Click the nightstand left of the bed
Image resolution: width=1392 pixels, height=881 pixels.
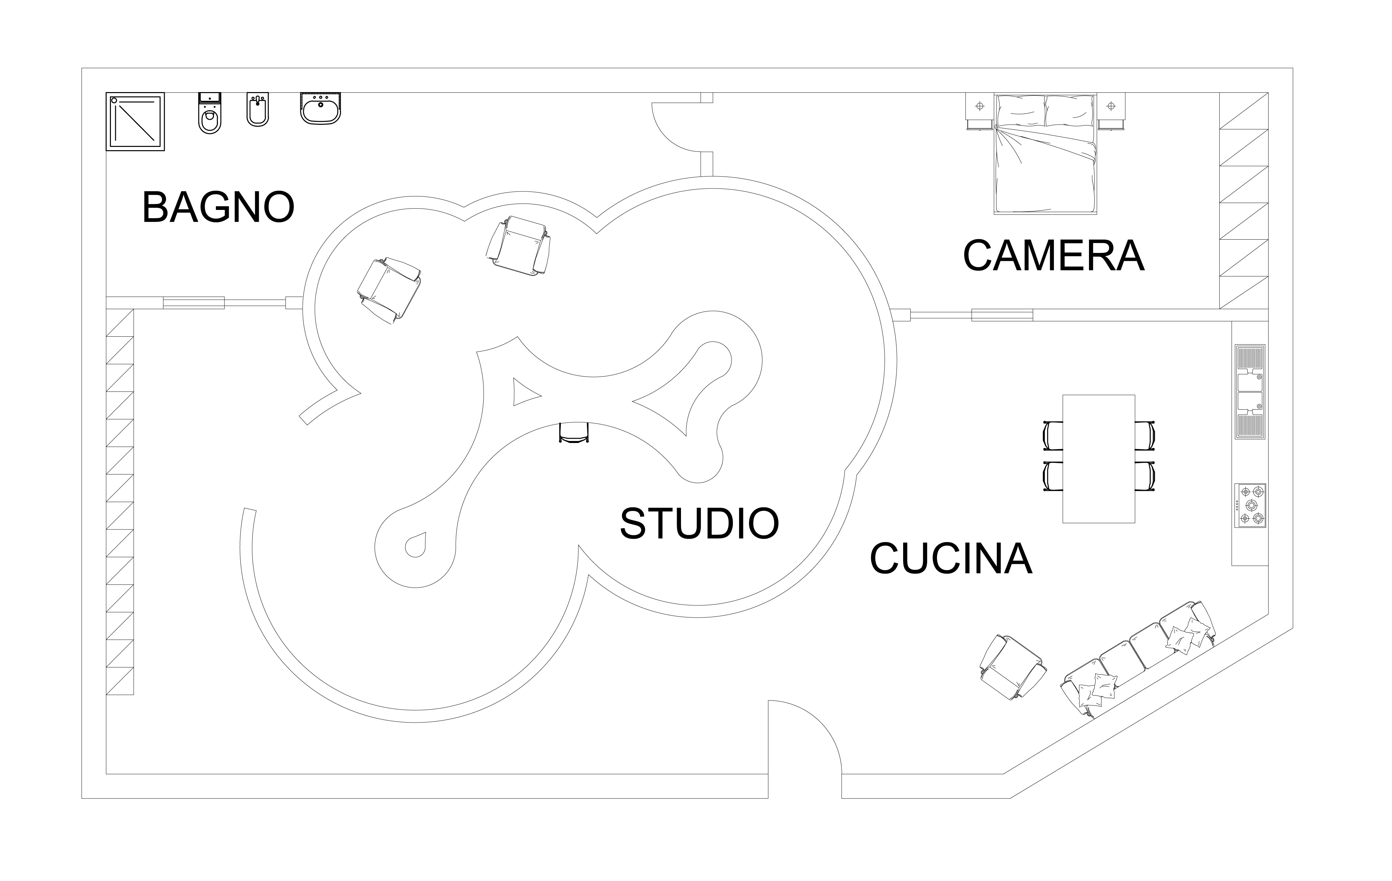979,111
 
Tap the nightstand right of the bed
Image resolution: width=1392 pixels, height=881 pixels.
1110,111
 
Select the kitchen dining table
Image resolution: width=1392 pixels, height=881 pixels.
1098,458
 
